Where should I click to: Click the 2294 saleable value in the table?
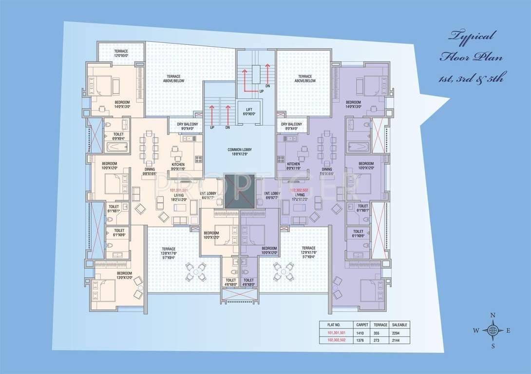coord(402,333)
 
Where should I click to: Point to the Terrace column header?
coord(381,324)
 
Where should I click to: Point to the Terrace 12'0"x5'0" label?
coord(121,53)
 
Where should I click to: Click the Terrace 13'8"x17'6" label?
coord(168,251)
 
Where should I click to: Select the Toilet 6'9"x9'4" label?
coord(118,136)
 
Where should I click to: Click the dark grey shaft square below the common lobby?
coord(239,191)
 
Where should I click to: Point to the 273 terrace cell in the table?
coord(380,341)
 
